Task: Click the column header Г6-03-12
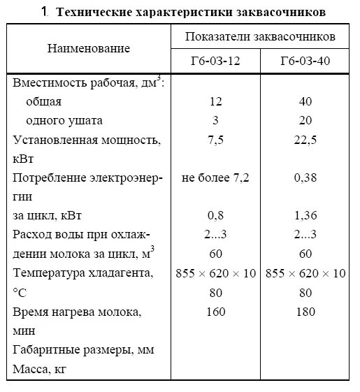click(x=215, y=61)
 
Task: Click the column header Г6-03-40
click(x=305, y=61)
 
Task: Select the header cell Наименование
click(x=89, y=48)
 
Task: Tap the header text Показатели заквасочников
click(x=260, y=36)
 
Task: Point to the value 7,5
click(x=215, y=140)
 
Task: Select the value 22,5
click(x=305, y=140)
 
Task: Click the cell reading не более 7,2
click(x=215, y=177)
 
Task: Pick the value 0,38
click(x=305, y=177)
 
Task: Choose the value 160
click(x=215, y=310)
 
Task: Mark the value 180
click(x=305, y=310)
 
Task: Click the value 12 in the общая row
click(x=215, y=102)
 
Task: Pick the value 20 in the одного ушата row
click(x=305, y=121)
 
